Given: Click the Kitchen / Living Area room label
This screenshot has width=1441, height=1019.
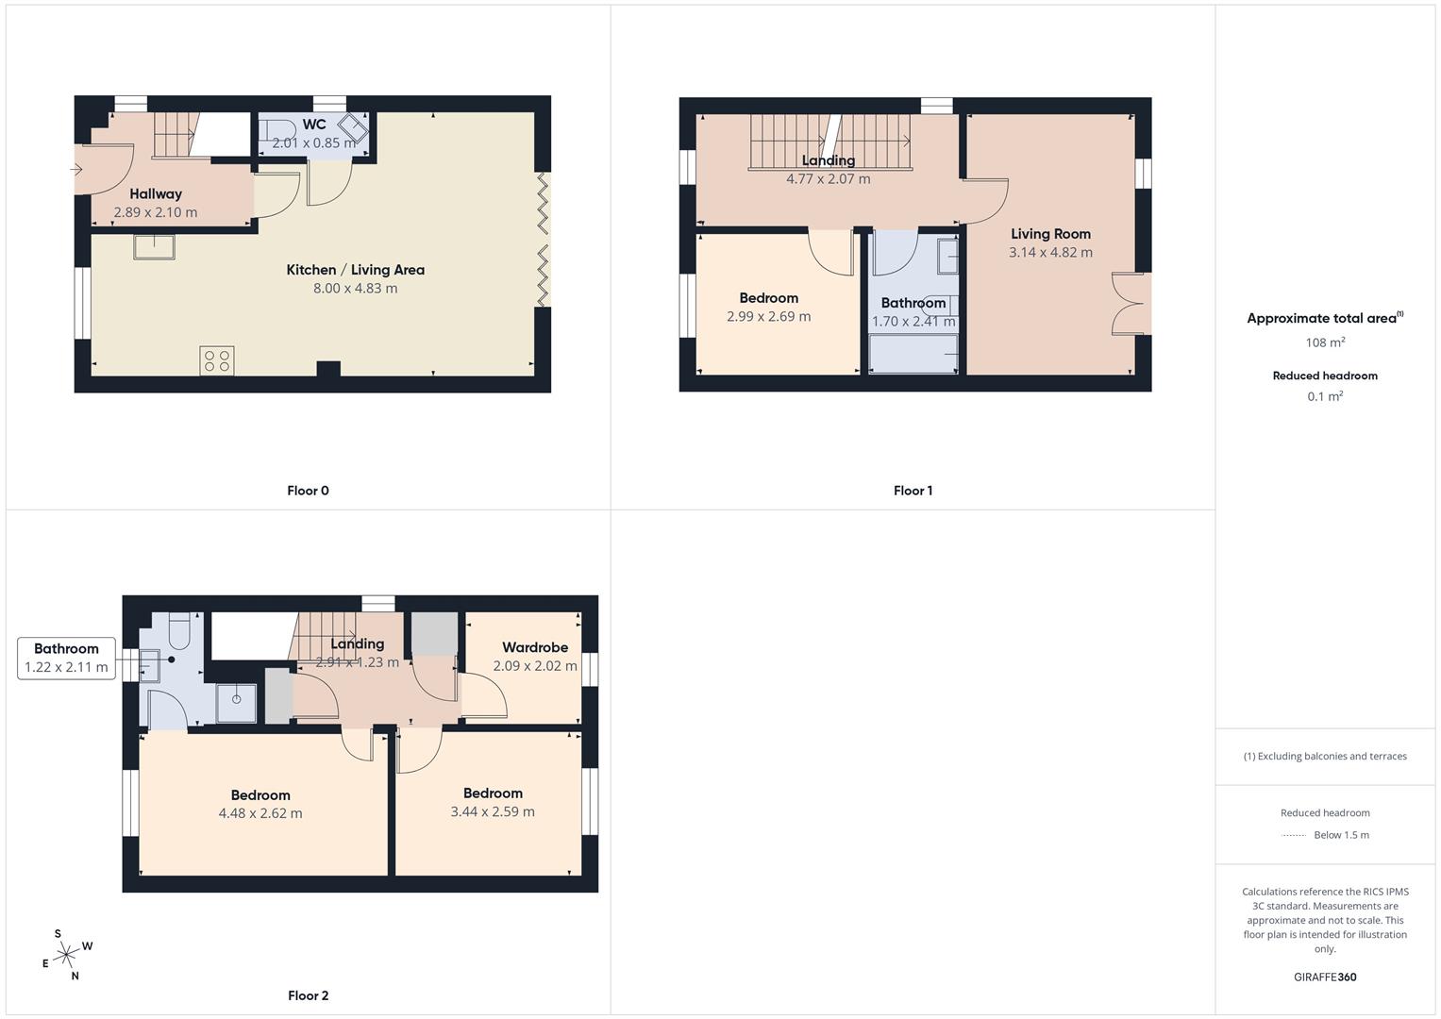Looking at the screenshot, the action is (355, 270).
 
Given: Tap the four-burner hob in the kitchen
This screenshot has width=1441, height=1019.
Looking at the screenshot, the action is (217, 360).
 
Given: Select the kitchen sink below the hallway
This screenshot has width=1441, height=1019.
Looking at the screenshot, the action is (154, 247).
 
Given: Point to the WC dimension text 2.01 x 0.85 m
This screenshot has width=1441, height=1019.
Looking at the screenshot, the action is (314, 142).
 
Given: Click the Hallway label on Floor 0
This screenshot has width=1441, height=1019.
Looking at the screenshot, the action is (156, 193).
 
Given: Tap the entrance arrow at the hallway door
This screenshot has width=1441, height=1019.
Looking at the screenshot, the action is (75, 170).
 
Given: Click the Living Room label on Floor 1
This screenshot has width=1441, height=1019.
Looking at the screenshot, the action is (1050, 234).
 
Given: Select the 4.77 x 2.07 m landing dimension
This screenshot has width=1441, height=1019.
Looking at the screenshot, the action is (828, 179).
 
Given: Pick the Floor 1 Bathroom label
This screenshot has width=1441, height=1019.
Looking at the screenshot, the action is (913, 303).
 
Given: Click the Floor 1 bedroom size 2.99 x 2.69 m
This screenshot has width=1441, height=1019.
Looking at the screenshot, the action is (769, 316).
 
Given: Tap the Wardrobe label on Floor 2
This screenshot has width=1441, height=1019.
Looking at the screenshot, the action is (535, 647).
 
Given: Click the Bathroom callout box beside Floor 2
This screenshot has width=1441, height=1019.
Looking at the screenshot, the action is (66, 659).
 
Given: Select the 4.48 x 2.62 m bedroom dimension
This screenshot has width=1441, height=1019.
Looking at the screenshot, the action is (260, 813).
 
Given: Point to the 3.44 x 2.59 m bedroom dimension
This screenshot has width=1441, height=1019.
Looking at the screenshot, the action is (493, 811).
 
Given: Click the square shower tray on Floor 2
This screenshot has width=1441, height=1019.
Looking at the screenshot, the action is (236, 703).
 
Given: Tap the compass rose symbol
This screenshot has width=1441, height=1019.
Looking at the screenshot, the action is (66, 955).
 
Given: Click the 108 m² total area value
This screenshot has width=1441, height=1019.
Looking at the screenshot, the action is (1325, 342).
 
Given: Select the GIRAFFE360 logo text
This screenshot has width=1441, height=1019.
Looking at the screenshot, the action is (1325, 977).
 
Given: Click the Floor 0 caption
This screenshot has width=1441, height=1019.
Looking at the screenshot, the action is (308, 491).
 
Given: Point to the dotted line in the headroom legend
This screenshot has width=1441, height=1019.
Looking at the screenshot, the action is (1293, 836).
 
